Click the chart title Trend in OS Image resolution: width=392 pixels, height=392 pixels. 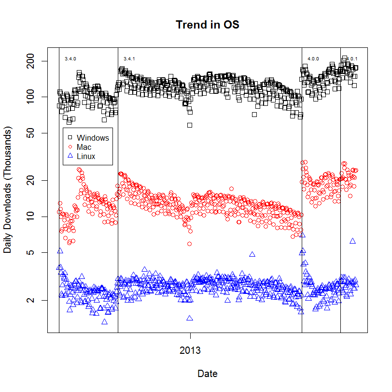point(208,25)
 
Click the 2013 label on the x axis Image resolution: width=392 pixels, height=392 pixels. point(190,350)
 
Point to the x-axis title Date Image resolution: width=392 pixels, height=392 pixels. point(208,374)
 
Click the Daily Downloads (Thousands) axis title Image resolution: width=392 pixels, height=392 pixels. point(8,190)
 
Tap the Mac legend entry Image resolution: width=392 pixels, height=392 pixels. point(84,147)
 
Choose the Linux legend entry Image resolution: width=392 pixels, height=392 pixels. point(86,156)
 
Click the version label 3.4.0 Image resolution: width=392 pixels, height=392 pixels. point(70,58)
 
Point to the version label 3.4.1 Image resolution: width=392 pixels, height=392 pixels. point(129,58)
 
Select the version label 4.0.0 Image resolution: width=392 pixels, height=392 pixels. point(313,58)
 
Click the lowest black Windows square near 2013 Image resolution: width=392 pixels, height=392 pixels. point(190,125)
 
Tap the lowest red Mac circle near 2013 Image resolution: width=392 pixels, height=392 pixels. point(190,244)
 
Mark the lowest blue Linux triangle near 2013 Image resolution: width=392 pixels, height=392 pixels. point(190,318)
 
